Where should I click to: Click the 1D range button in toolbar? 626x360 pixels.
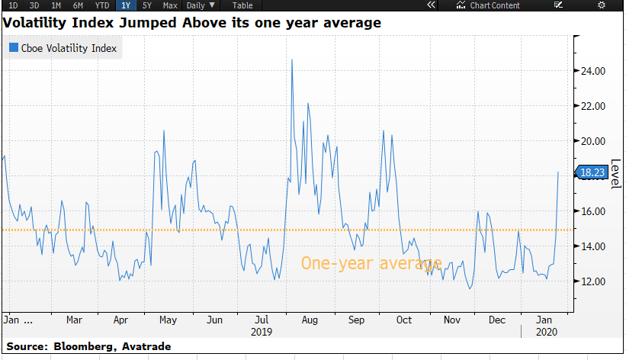pos(13,5)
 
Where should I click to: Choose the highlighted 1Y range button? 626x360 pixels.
pos(125,5)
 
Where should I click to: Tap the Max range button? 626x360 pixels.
pos(170,5)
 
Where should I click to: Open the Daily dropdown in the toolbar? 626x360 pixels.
pos(201,5)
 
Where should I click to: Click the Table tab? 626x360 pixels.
pos(242,5)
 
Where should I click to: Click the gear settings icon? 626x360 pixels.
pos(602,5)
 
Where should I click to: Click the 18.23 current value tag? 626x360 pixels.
pos(592,172)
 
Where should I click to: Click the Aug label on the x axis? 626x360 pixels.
pos(309,319)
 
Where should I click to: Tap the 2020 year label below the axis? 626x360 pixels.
pos(545,332)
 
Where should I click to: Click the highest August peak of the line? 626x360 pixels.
pos(292,59)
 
